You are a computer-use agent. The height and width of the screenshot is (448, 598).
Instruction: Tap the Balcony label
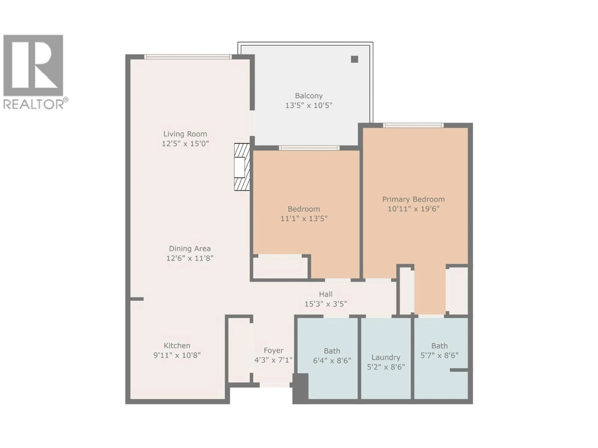[x=308, y=96]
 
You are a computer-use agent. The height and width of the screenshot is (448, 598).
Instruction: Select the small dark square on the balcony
[x=354, y=59]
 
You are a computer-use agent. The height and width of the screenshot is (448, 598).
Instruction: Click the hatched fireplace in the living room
[x=242, y=167]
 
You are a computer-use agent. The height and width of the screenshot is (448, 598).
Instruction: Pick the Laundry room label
[x=386, y=357]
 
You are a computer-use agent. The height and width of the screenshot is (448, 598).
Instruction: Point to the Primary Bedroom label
[x=413, y=199]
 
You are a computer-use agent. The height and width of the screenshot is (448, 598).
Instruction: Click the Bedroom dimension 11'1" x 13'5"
[x=304, y=218]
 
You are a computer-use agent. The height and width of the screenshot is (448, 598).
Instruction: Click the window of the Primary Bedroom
[x=413, y=125]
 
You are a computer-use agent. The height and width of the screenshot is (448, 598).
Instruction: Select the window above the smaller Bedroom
[x=309, y=148]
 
